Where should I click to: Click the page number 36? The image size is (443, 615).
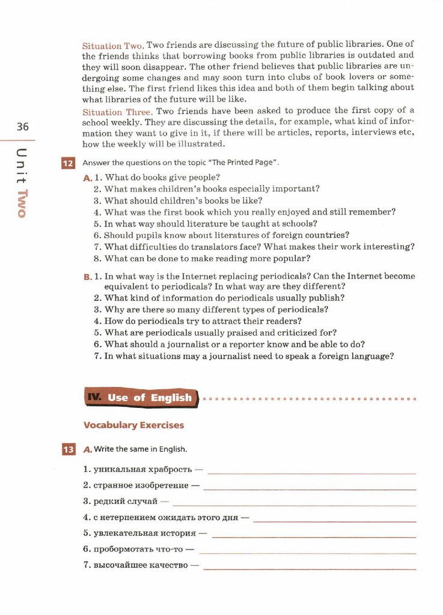click(x=23, y=127)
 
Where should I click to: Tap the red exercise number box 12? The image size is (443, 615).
click(x=68, y=163)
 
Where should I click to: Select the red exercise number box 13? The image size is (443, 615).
click(x=68, y=449)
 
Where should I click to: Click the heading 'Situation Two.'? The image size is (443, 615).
click(x=112, y=46)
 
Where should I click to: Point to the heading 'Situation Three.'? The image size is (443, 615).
click(x=117, y=112)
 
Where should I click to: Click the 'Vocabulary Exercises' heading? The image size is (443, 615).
click(x=133, y=425)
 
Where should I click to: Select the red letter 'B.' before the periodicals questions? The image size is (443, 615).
click(x=88, y=277)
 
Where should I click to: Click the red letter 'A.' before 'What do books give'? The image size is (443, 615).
click(x=88, y=178)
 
